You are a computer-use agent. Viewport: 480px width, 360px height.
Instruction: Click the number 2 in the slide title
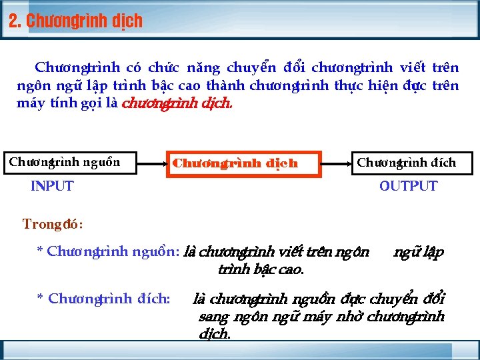pos(13,21)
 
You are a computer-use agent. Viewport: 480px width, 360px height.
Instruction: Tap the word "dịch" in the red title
pos(127,21)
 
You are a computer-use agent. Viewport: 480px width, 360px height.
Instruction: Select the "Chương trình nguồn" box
pos(65,162)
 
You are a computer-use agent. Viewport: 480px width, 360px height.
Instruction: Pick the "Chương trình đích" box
pos(407,163)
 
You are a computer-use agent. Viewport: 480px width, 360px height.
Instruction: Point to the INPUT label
pos(52,186)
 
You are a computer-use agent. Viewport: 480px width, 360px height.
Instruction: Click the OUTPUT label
pos(408,186)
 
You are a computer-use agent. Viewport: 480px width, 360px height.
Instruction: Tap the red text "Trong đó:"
pos(53,224)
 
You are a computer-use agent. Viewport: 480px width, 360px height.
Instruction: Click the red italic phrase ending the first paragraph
pos(178,103)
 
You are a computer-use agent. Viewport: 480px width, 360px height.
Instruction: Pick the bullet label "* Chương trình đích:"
pos(103,299)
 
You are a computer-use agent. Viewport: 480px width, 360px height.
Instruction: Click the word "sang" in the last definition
pos(213,317)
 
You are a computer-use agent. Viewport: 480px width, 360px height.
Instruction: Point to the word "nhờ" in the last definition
pos(347,317)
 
